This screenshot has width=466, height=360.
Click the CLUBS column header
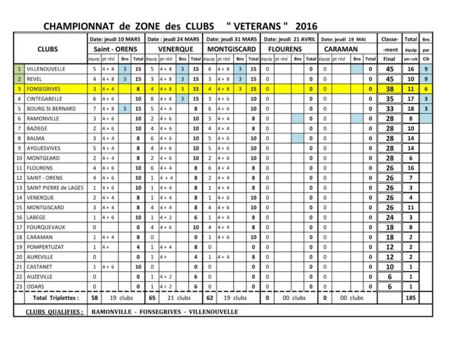47,49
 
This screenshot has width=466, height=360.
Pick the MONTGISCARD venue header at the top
231,49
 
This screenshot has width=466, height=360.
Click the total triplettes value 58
94,298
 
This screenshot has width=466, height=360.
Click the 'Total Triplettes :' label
56,298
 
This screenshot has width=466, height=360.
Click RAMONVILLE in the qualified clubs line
112,312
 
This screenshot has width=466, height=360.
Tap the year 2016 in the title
306,26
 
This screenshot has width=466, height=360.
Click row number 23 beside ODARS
19,287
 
